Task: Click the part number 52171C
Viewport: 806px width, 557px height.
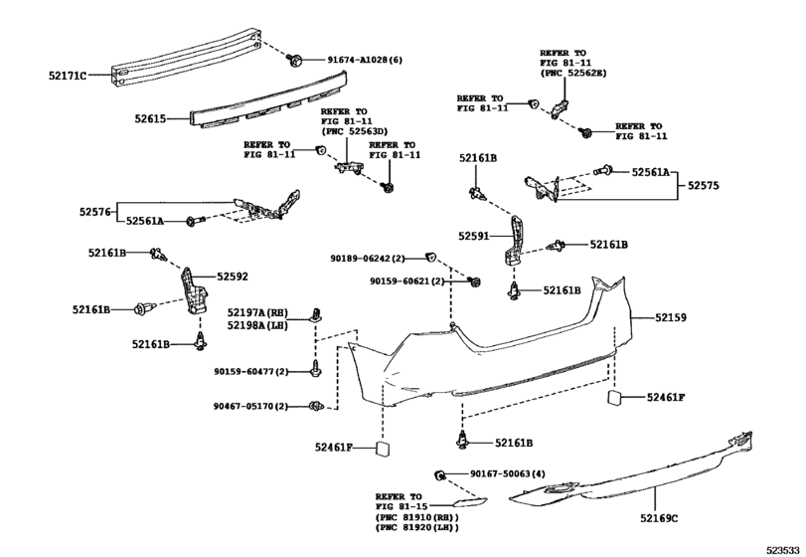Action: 68,76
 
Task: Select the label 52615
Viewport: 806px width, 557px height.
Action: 151,118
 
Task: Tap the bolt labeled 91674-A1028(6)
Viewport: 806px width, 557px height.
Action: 295,60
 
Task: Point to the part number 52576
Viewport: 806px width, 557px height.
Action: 95,212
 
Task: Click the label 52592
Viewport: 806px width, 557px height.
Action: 233,277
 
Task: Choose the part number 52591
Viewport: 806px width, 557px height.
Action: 474,236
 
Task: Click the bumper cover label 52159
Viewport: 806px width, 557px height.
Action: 671,318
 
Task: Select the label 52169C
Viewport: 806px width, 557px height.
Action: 659,518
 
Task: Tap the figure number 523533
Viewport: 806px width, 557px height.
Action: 783,550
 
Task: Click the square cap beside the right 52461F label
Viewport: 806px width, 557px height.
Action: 615,398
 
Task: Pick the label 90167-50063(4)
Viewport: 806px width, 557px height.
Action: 508,473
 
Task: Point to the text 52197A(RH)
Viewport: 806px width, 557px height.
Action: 258,312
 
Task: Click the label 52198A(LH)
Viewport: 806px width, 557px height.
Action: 258,325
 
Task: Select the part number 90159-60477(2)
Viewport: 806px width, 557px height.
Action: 251,371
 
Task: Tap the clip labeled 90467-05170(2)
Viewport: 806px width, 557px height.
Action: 316,406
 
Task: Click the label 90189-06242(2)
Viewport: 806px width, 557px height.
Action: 368,259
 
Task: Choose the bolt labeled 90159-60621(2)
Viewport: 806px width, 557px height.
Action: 474,281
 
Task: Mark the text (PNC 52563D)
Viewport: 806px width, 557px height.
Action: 355,131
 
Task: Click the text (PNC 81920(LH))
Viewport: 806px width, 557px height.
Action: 417,527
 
